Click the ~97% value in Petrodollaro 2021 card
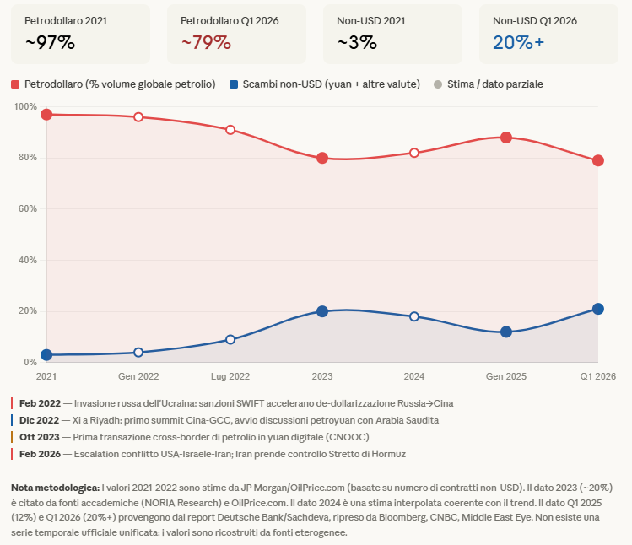click(x=50, y=42)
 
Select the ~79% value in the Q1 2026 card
click(x=206, y=42)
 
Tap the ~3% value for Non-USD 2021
click(x=357, y=42)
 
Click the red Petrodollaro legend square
click(x=15, y=84)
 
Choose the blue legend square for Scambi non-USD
click(x=234, y=84)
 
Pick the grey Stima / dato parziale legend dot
click(x=437, y=84)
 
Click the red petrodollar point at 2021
click(x=46, y=114)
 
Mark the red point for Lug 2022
click(x=230, y=130)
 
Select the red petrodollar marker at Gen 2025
click(x=506, y=138)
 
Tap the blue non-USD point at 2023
click(x=322, y=311)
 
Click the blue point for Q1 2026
click(x=598, y=309)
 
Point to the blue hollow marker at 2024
click(x=414, y=316)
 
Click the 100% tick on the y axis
click(x=25, y=106)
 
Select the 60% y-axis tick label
click(x=27, y=208)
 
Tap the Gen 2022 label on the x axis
click(x=138, y=375)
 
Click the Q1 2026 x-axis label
click(x=597, y=375)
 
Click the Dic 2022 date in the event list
click(x=39, y=419)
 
